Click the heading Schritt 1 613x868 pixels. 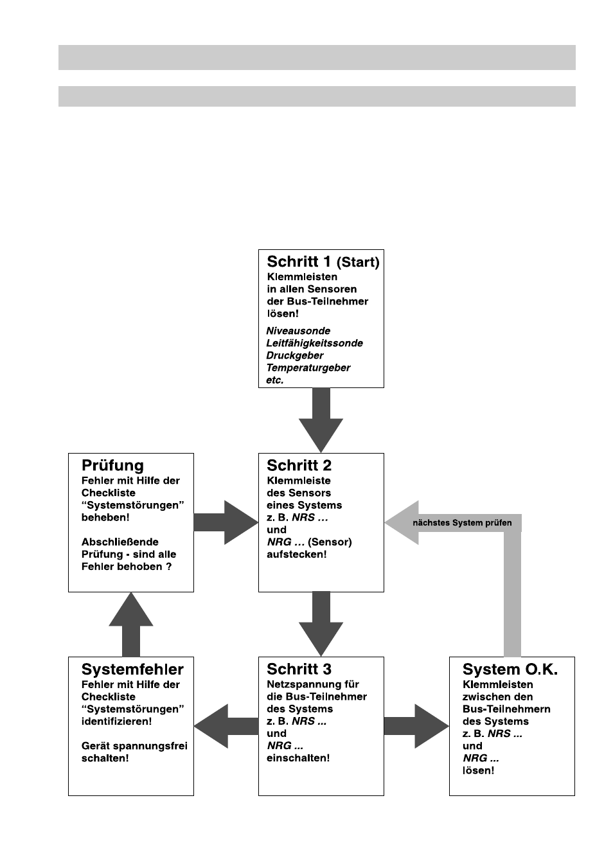click(299, 261)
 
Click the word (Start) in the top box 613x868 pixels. click(358, 262)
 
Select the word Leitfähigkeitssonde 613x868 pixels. click(314, 343)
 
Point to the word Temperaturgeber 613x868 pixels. click(308, 368)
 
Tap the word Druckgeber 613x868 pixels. click(294, 355)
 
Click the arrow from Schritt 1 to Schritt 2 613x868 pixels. click(321, 420)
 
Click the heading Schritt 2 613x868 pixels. click(299, 465)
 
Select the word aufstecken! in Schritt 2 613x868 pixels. click(296, 554)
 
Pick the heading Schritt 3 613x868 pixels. click(299, 669)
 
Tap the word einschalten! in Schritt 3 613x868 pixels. click(298, 758)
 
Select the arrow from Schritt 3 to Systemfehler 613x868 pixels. click(226, 726)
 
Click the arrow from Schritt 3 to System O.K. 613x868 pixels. click(416, 726)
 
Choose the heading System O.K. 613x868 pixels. click(510, 669)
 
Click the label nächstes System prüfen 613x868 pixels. click(462, 523)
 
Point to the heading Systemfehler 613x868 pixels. click(132, 669)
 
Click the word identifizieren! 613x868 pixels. click(117, 721)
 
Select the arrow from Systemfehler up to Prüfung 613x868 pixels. click(131, 624)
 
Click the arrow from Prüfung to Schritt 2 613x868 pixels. click(226, 522)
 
